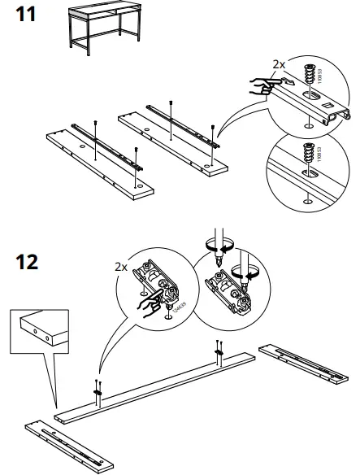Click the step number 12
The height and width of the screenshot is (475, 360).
click(x=28, y=263)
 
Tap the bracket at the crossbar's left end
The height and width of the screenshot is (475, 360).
click(x=98, y=391)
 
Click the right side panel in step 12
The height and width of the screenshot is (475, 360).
click(x=306, y=363)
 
